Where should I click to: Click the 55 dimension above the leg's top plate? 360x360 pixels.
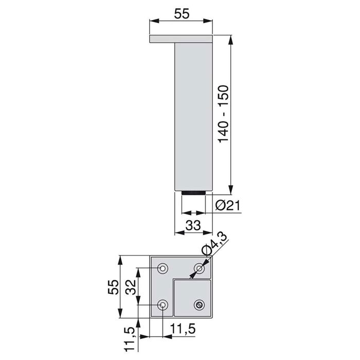point(182,14)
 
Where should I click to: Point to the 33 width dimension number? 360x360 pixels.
point(192,225)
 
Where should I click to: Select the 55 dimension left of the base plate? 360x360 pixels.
point(114,286)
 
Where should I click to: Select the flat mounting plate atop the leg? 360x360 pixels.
point(181,39)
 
